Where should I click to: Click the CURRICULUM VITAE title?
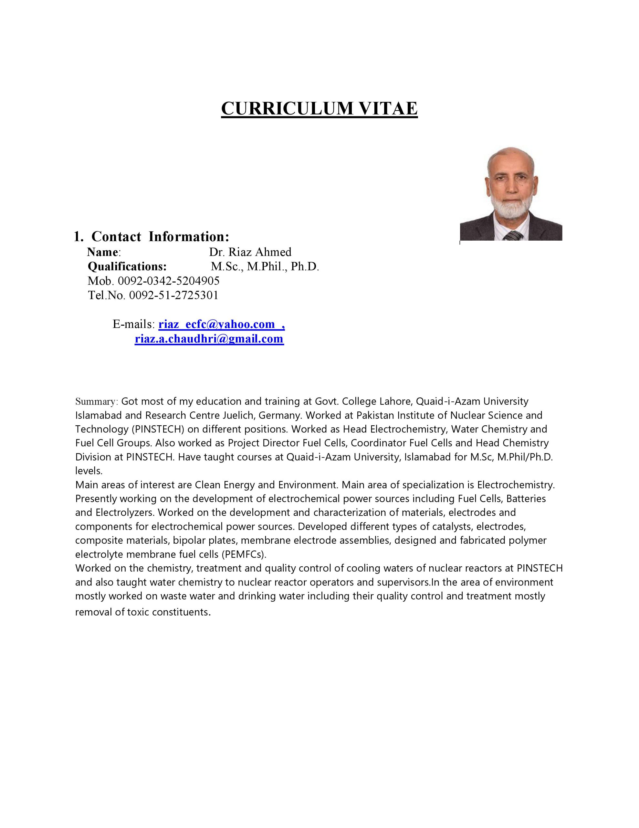pos(319,108)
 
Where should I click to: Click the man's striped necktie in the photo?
pos(513,236)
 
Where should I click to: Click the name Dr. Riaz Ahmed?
pos(250,252)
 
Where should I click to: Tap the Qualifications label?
pos(127,267)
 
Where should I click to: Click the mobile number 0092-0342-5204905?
pos(169,281)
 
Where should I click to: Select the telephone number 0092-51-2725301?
pos(174,295)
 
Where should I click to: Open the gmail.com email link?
pos(209,339)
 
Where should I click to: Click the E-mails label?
pos(133,324)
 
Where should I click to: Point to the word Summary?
pos(97,401)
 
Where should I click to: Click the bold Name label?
pos(103,252)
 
